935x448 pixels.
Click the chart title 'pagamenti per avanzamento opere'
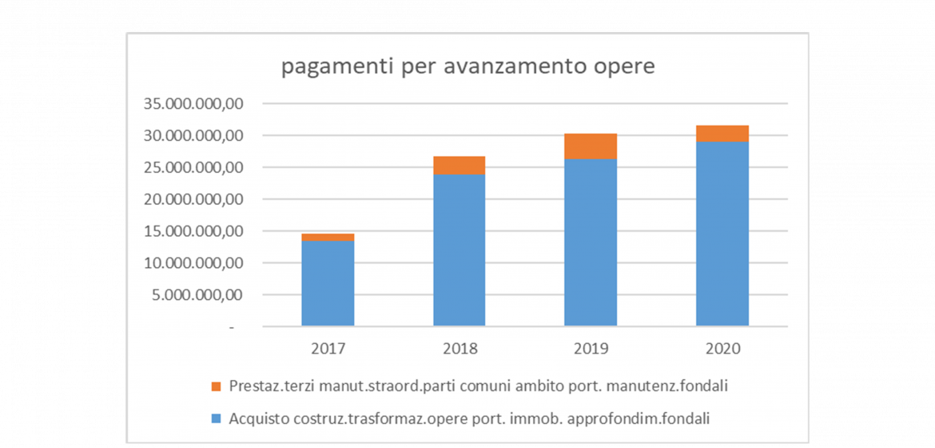pos(467,67)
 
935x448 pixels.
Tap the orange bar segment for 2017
pos(328,237)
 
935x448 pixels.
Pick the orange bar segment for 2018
pos(460,165)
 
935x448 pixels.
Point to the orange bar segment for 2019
pos(591,146)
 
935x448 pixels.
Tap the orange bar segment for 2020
pos(722,134)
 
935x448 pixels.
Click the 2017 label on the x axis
pos(328,349)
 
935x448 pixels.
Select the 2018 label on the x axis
pos(460,349)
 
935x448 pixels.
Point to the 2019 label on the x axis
pos(591,349)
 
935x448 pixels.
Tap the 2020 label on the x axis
pos(722,349)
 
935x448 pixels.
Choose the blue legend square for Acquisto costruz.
pos(216,418)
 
